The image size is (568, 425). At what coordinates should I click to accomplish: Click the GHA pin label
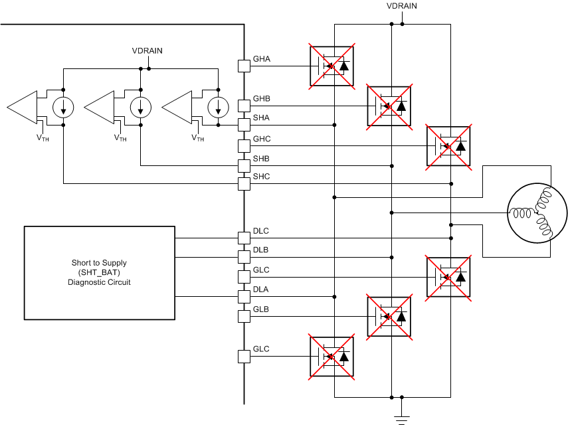point(261,59)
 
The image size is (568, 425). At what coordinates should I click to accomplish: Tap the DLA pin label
point(261,290)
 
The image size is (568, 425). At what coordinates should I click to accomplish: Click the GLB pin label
point(261,309)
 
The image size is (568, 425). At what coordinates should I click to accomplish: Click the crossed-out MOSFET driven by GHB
point(389,106)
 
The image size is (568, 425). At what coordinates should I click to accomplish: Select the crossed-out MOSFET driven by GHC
point(448,145)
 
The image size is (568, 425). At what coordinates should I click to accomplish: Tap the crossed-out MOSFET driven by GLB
point(389,316)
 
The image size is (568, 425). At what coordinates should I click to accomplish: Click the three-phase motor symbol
point(537,212)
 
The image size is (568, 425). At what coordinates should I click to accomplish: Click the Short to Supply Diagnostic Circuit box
point(100,273)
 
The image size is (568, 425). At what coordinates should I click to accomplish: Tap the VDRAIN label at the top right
point(402,6)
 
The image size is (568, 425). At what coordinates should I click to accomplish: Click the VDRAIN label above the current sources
point(147,50)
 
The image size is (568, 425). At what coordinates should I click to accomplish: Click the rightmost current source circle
point(217,107)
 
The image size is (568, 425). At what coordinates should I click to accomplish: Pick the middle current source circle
point(140,107)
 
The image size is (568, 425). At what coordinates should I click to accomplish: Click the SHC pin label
point(261,177)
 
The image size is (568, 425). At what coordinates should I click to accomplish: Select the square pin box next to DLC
point(244,237)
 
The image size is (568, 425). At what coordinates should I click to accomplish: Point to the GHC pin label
point(261,139)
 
